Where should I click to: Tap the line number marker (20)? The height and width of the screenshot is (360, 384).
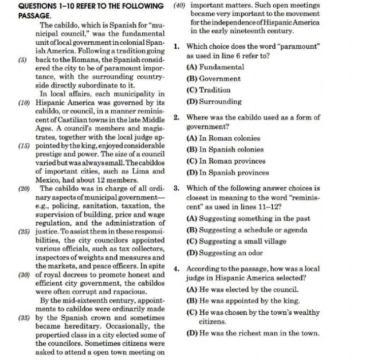coord(23,188)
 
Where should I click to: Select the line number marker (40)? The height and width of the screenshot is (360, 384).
coord(180,6)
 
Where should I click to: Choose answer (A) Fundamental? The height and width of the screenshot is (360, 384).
coord(215,67)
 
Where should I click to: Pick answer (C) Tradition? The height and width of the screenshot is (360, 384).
coord(209,90)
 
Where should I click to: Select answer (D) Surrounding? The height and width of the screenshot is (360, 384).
coord(214,102)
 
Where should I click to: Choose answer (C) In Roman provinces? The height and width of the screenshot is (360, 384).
coord(226,161)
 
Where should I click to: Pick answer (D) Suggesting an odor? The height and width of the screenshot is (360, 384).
coord(224,253)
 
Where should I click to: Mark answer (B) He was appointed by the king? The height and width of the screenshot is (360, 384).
coord(243,300)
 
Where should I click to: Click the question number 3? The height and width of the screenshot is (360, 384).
coord(176,188)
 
